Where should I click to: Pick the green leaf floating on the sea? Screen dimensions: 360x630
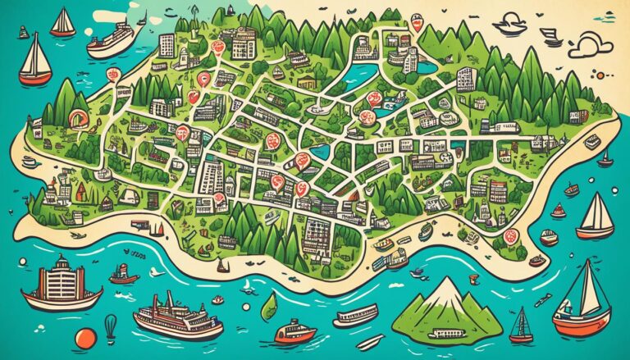pyautogui.click(x=268, y=307)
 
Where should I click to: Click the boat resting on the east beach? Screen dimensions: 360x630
pyautogui.click(x=590, y=140)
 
